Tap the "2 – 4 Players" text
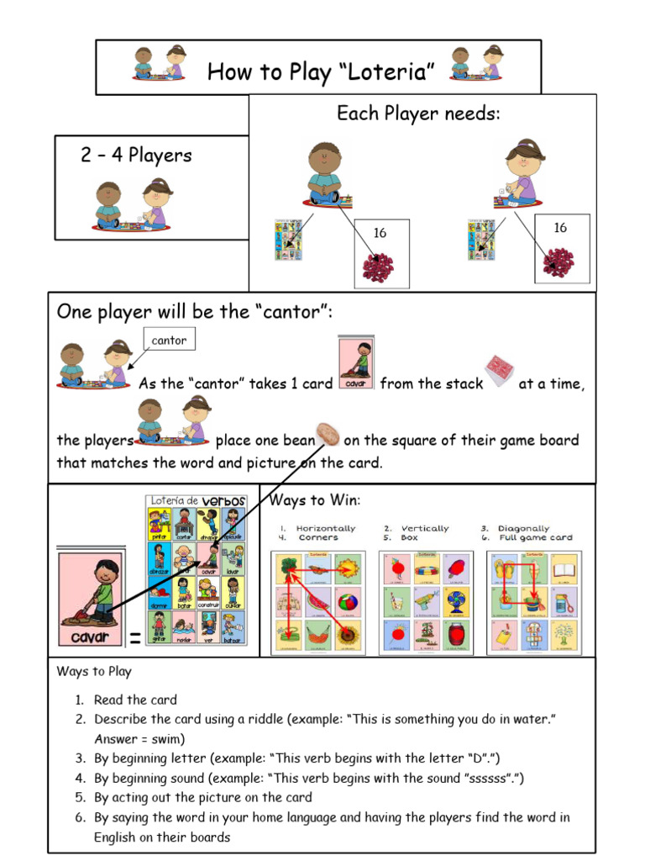pyautogui.click(x=136, y=156)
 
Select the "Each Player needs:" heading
pyautogui.click(x=418, y=114)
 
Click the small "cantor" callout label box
pyautogui.click(x=169, y=341)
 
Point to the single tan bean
pyautogui.click(x=328, y=436)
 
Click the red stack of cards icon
pyautogui.click(x=498, y=372)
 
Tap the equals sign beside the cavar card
pyautogui.click(x=134, y=641)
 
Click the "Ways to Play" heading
pyautogui.click(x=94, y=672)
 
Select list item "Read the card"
pyautogui.click(x=135, y=700)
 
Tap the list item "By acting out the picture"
pyautogui.click(x=202, y=797)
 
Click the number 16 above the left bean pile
pyautogui.click(x=380, y=233)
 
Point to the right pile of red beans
pyautogui.click(x=558, y=261)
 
